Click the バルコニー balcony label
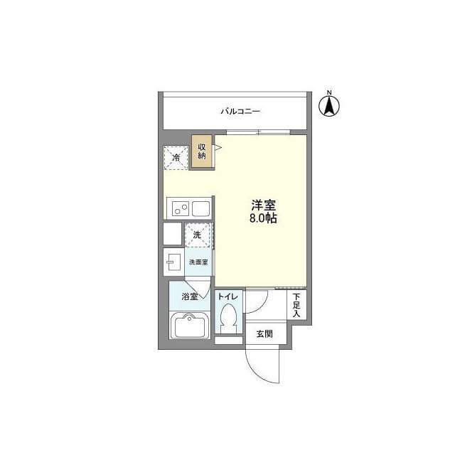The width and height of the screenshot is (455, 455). pos(240,111)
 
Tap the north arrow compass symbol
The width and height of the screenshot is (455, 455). pos(329,106)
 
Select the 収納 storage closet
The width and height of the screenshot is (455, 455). pos(202,151)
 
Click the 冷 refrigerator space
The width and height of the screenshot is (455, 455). pos(176,158)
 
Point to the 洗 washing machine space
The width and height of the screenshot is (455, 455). pos(198,235)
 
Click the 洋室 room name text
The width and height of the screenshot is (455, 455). pos(264,205)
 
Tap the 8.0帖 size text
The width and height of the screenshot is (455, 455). pos(263,218)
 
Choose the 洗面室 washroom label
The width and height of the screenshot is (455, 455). pos(198,262)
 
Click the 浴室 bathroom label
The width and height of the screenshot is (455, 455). pos(190,296)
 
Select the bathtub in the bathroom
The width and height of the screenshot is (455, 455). pos(190,326)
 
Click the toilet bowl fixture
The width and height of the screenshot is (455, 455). pos(228,318)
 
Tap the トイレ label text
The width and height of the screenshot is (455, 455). pos(228,296)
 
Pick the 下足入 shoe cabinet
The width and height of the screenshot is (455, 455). pos(296,305)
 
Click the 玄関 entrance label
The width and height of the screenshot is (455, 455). pos(264,333)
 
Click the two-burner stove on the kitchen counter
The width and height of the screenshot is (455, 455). pos(181,208)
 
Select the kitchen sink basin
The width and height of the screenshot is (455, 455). pos(200,208)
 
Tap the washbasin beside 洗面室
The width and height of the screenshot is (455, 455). pos(173,262)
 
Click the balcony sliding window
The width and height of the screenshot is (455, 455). pos(258,133)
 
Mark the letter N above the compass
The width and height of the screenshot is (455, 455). pos(329,92)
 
